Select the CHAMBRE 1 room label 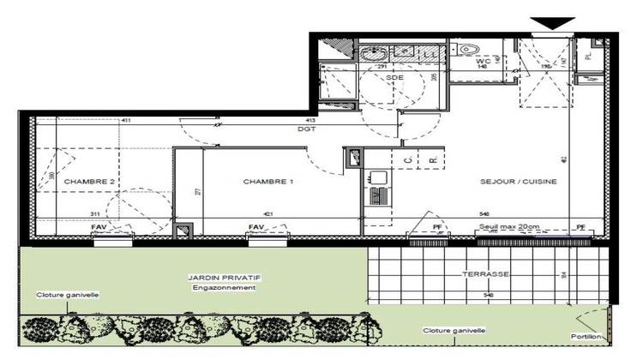(x=268, y=182)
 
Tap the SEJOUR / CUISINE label (x=519, y=182)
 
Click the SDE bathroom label (x=394, y=77)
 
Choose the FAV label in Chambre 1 (x=255, y=227)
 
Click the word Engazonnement (x=224, y=288)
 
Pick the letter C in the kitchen (x=407, y=160)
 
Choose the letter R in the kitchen (x=433, y=160)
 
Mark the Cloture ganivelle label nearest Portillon (x=454, y=330)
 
